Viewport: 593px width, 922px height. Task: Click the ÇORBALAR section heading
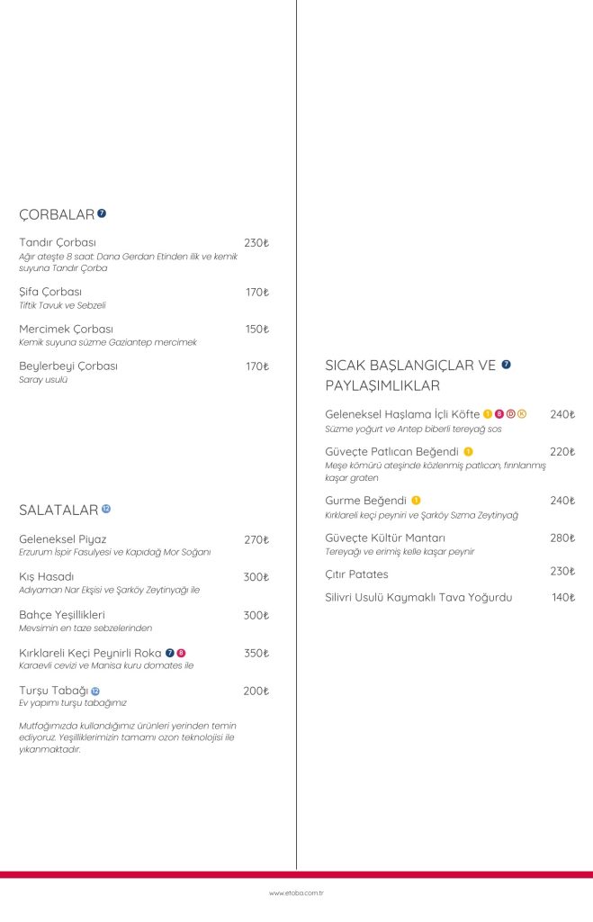tap(57, 214)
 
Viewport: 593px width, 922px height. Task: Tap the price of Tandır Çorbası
tap(256, 243)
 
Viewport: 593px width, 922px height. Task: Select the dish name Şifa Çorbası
tap(50, 293)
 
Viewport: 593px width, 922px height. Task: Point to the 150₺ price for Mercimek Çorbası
tap(256, 330)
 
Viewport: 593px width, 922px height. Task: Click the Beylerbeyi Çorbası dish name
tap(68, 366)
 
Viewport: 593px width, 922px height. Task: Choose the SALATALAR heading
tap(58, 511)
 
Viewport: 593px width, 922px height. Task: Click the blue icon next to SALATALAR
tap(106, 510)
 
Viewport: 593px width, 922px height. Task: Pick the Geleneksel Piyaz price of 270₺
tap(256, 540)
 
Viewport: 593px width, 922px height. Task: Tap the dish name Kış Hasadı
tap(46, 577)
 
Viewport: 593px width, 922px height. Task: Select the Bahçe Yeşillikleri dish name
tap(62, 615)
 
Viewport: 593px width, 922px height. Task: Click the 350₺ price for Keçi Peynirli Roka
tap(256, 653)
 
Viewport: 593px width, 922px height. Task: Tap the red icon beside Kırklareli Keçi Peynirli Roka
tap(181, 653)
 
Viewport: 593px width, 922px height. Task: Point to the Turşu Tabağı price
tap(256, 691)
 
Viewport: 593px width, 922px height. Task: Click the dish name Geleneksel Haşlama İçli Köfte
tap(402, 414)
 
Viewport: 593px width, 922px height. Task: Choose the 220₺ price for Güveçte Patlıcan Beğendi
tap(562, 452)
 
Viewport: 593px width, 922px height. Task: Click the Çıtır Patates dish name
tap(356, 574)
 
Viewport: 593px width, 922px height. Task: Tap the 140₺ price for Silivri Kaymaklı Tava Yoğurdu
tap(563, 597)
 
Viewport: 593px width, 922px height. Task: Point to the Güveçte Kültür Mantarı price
tap(562, 538)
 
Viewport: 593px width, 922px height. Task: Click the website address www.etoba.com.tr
tap(296, 893)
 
